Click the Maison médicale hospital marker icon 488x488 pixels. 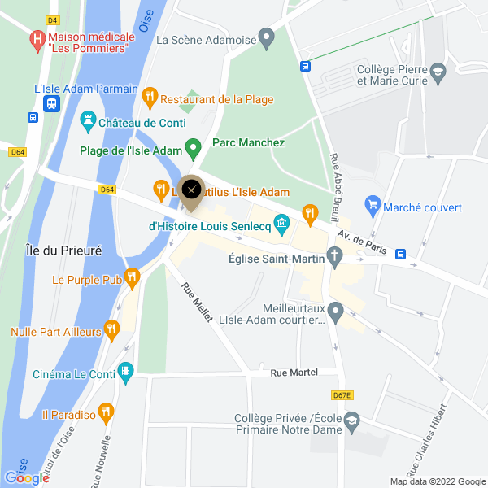[x=37, y=38]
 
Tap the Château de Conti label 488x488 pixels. [x=142, y=123]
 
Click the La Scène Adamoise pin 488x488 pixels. [x=266, y=37]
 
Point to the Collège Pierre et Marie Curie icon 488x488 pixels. [x=438, y=72]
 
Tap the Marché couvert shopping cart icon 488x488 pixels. [x=373, y=205]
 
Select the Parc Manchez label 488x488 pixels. [x=248, y=142]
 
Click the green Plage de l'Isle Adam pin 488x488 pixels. [x=193, y=148]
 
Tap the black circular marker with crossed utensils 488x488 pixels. [x=191, y=190]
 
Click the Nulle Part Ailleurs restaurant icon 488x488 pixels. [x=112, y=329]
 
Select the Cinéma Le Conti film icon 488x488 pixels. [x=125, y=373]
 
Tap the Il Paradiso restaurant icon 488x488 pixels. [x=105, y=413]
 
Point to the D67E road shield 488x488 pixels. [x=342, y=395]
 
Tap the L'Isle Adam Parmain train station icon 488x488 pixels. [x=51, y=103]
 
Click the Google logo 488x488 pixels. [x=27, y=478]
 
